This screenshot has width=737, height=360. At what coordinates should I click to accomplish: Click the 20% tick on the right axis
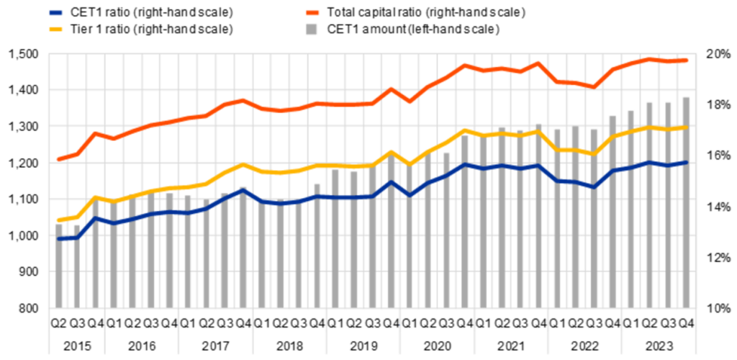(x=716, y=55)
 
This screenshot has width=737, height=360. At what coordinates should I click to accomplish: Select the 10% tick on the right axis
(x=716, y=309)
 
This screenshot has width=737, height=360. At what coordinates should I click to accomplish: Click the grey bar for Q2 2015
(x=59, y=266)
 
